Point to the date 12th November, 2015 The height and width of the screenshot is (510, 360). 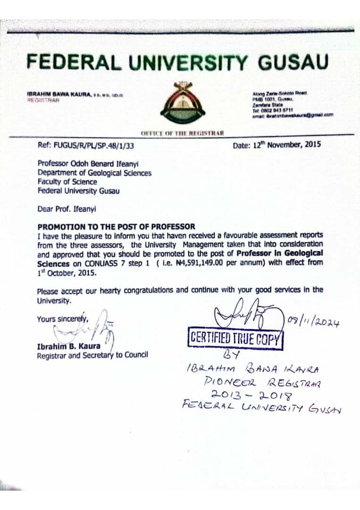click(277, 145)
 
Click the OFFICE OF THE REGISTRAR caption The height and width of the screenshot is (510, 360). click(182, 133)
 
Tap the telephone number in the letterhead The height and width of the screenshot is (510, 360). click(271, 110)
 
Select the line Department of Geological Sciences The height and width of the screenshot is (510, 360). click(94, 173)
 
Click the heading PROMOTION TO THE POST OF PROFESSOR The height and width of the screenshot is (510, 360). click(116, 227)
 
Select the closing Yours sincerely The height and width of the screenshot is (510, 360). click(63, 319)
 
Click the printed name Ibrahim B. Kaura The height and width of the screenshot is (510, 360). click(68, 347)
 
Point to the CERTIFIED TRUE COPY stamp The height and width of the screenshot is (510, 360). click(235, 338)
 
